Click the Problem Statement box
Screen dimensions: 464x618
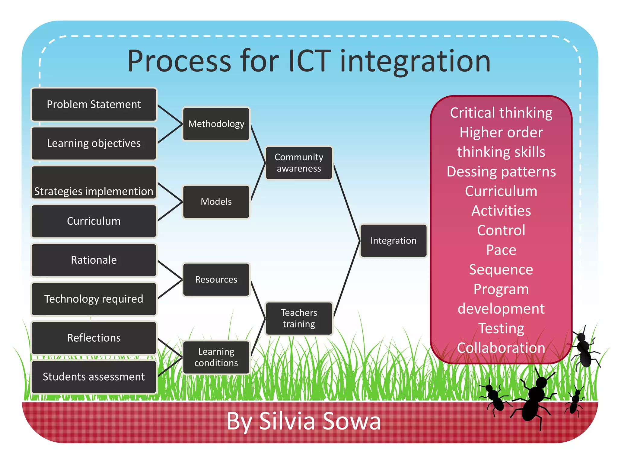pos(94,105)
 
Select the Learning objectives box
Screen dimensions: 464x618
pos(94,143)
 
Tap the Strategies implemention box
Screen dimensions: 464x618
pos(94,183)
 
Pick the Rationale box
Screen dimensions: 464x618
pos(94,260)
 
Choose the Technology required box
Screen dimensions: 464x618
pos(94,299)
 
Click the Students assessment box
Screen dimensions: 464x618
pos(94,377)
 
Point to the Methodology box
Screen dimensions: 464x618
pos(216,124)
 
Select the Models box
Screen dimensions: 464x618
pos(216,202)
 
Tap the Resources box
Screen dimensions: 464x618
pos(216,280)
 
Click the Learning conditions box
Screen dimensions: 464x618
pos(216,357)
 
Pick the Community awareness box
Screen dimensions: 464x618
pos(299,163)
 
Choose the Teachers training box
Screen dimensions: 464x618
pos(299,318)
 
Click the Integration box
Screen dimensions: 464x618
pos(393,241)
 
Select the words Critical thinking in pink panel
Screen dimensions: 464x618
pos(501,113)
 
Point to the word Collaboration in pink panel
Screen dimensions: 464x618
pos(501,348)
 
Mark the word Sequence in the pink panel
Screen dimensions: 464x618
pos(501,269)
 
